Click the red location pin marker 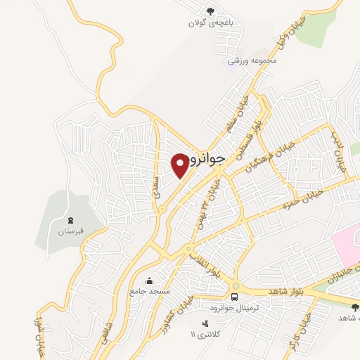tap(181, 164)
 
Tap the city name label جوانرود tap(208, 159)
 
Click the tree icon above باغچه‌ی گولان tap(210, 10)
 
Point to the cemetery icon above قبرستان tap(69, 220)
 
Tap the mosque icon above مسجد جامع tap(148, 280)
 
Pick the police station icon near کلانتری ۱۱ tap(205, 323)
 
